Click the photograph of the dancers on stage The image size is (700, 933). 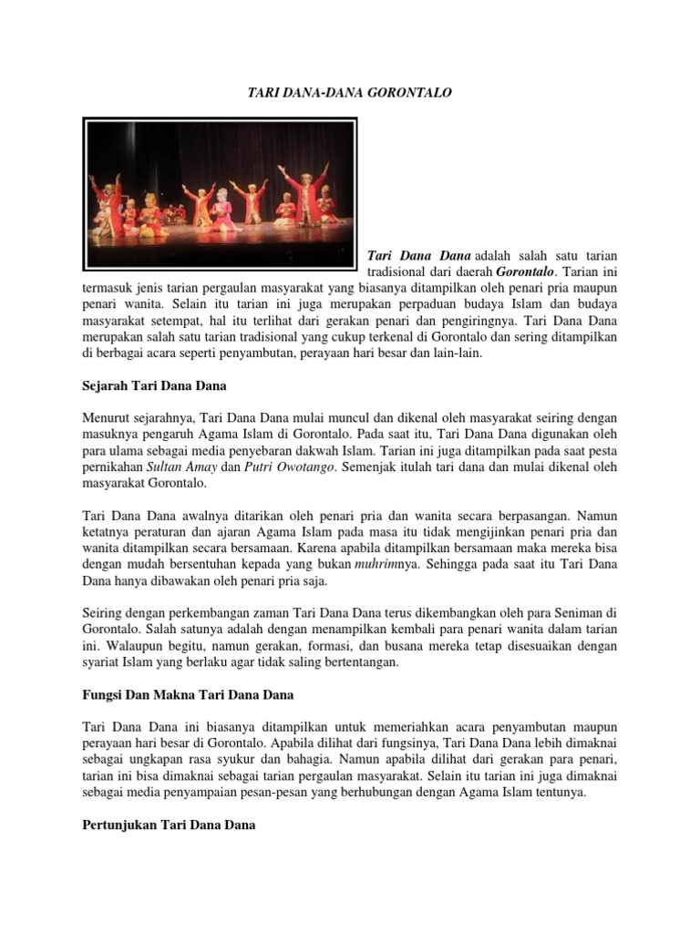[x=221, y=192]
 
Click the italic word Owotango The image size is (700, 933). [x=309, y=467]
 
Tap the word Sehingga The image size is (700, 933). [x=452, y=565]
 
